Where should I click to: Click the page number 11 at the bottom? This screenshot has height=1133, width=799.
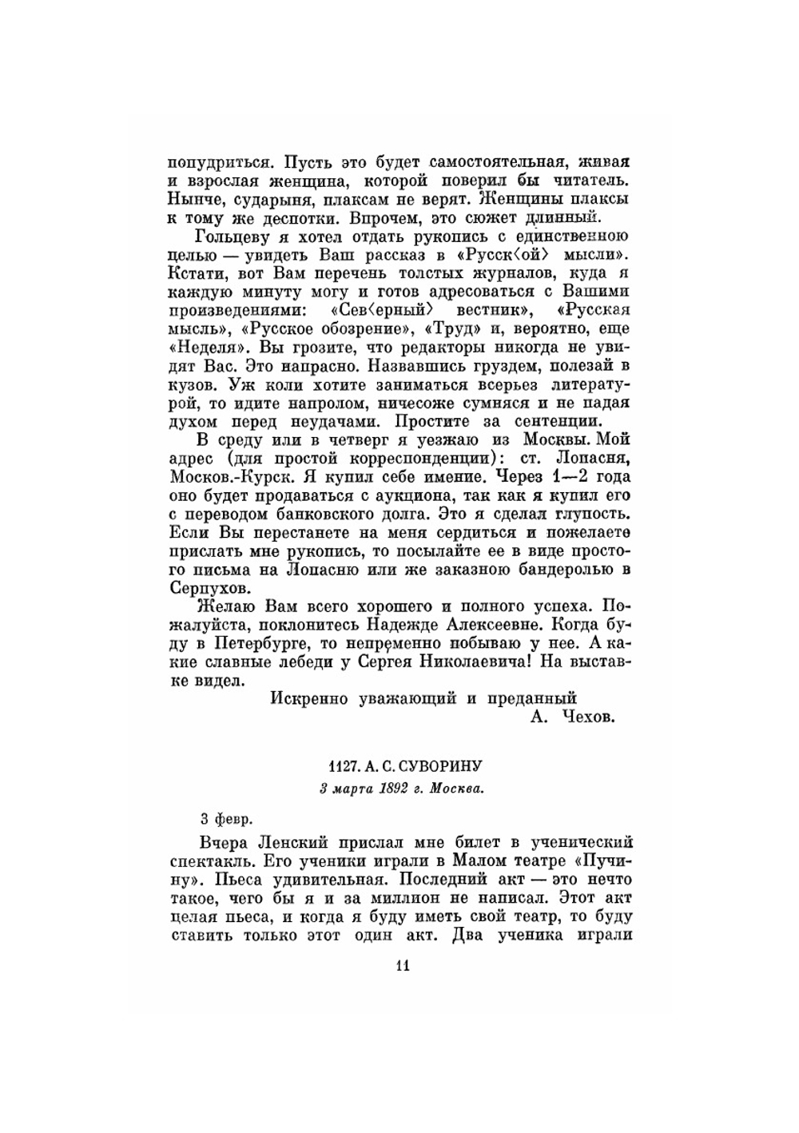click(x=402, y=965)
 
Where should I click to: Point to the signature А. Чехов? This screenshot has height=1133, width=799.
click(x=572, y=718)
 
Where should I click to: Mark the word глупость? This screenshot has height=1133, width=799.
click(x=590, y=514)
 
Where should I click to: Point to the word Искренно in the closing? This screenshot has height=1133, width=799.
click(x=309, y=698)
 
